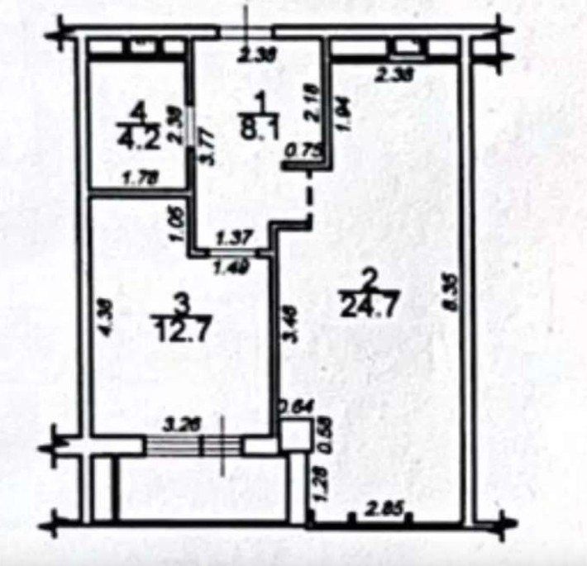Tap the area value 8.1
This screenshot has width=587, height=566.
[260, 128]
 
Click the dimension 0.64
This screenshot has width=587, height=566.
[291, 406]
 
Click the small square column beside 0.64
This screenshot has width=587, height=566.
[293, 435]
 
